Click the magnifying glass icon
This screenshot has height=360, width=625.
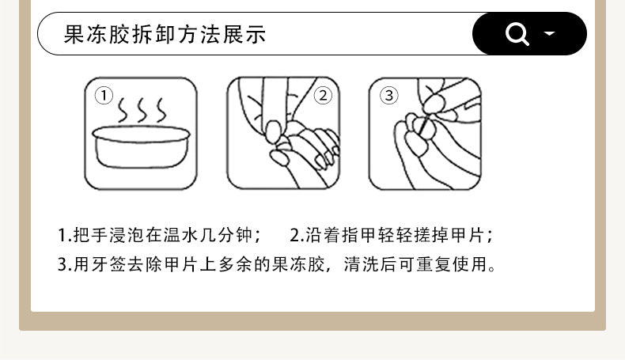coord(517,34)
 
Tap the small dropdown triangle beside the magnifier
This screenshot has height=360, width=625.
coord(550,33)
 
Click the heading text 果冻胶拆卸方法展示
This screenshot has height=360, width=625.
coord(165,34)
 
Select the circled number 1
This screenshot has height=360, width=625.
coord(104,96)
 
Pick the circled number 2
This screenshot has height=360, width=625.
coord(323,96)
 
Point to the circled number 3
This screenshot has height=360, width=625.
coord(388,96)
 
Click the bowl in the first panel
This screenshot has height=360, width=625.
coord(141,146)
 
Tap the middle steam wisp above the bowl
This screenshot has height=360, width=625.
coord(142,110)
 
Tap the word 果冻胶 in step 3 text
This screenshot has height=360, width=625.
coord(299,264)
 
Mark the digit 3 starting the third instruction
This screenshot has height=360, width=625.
coord(62,265)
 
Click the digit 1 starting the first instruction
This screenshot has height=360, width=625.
coord(62,235)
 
